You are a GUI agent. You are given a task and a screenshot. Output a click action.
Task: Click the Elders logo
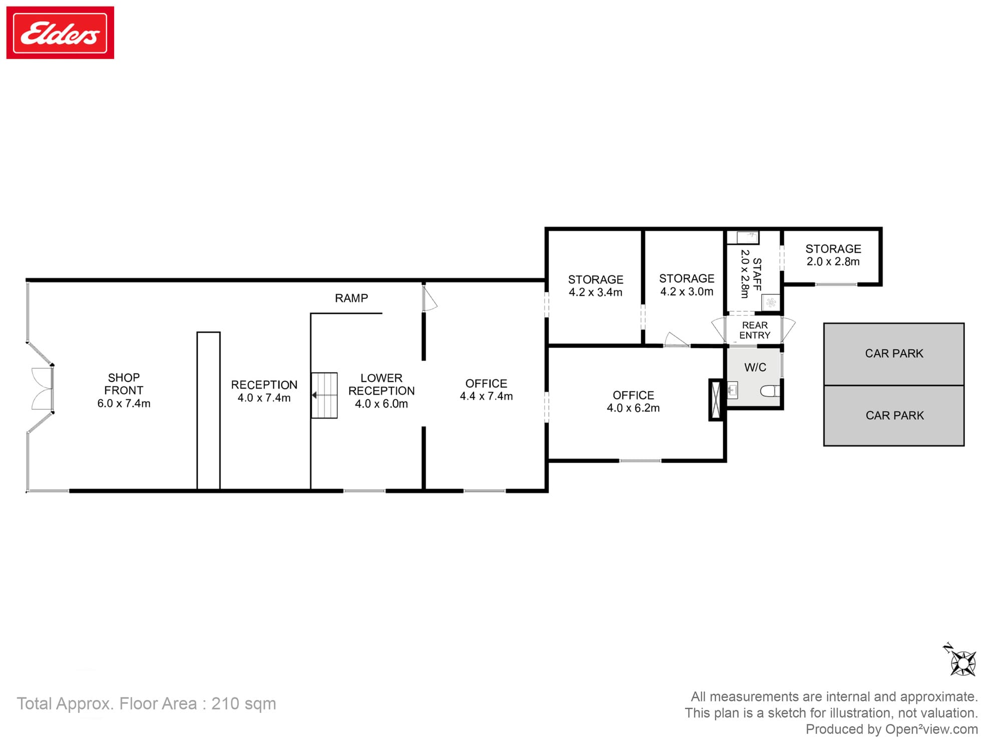[x=60, y=33]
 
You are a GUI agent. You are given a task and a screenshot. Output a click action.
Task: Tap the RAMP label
[x=351, y=298]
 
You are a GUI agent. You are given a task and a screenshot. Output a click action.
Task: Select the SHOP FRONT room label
[x=124, y=384]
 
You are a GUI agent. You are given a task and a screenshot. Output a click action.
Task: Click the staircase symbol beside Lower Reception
[x=324, y=396]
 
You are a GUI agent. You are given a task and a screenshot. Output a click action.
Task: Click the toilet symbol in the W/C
[x=770, y=391]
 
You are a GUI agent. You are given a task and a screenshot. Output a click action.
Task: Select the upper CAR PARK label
[x=894, y=353]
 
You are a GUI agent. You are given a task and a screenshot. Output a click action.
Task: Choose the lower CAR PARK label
[x=894, y=416]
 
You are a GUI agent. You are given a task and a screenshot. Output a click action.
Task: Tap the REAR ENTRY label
[x=755, y=330]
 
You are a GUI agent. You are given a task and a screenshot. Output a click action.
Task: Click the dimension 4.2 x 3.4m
[x=595, y=292]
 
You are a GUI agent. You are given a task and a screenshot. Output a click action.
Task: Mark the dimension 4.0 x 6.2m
[x=633, y=408]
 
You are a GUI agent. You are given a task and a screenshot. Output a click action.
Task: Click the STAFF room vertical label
[x=757, y=274]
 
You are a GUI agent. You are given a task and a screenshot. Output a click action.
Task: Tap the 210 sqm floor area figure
[x=243, y=703]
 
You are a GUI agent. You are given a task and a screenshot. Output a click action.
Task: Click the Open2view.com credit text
[x=931, y=729]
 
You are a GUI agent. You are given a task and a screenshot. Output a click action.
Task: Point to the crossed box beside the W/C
[x=716, y=400]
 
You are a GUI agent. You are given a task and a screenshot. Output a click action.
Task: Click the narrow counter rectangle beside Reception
[x=208, y=411]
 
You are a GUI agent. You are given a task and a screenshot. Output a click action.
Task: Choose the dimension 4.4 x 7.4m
[x=486, y=397]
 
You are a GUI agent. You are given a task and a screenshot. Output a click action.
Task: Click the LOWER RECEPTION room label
[x=381, y=385]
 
